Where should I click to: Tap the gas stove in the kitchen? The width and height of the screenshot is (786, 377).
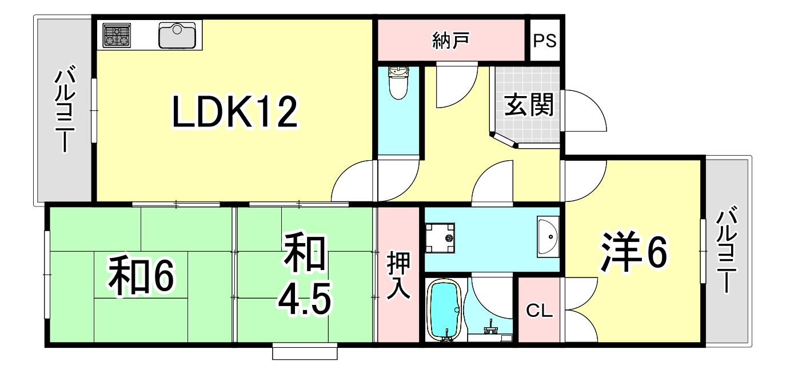click(x=117, y=35)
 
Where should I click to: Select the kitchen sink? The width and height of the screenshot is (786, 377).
click(x=178, y=35)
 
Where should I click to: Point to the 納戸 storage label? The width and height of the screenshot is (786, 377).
click(x=451, y=41)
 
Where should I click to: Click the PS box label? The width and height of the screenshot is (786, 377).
click(x=545, y=41)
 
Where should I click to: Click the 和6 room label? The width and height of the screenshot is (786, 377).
click(x=141, y=276)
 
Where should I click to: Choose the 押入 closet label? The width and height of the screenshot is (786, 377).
click(x=398, y=275)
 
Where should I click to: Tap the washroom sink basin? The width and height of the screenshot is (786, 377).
click(x=547, y=236)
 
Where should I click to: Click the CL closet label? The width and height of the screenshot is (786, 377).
click(x=539, y=311)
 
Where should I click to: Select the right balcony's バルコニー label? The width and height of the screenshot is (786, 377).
click(x=727, y=251)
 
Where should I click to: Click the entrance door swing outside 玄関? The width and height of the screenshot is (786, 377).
click(x=584, y=112)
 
